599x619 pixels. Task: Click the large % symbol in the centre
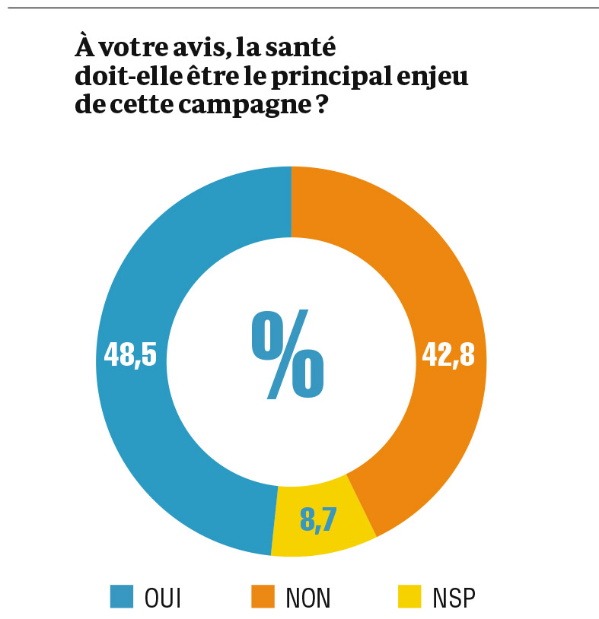[x=288, y=355]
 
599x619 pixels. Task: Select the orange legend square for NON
[x=262, y=597]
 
